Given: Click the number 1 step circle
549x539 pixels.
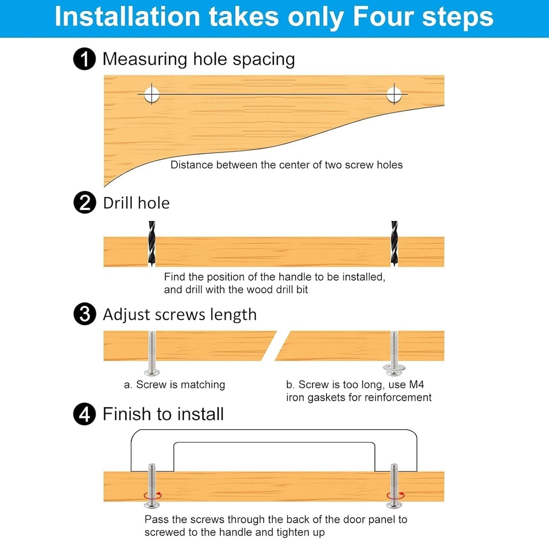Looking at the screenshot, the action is (84, 59).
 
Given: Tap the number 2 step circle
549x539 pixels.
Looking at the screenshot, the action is (85, 203).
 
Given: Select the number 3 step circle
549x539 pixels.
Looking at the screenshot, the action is (85, 314).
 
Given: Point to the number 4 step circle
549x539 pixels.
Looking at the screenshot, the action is (84, 414).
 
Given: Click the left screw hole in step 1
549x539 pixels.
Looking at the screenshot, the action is (152, 94).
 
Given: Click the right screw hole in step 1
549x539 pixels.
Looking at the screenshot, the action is (394, 94).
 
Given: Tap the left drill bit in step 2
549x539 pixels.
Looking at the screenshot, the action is (152, 243).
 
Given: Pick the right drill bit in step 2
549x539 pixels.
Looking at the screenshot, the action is (394, 243).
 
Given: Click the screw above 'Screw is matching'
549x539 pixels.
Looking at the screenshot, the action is (152, 353).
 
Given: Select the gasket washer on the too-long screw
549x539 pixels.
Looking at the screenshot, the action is (394, 368).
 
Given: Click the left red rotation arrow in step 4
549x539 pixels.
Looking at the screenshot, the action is (153, 495).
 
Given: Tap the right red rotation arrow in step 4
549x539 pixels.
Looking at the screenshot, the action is (396, 495).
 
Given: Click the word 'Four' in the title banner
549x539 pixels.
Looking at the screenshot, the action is (384, 17).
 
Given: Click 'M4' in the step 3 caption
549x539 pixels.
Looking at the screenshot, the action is (416, 385).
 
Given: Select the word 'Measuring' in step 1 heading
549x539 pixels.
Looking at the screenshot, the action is (145, 59).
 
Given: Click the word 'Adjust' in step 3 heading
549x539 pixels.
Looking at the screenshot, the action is (127, 315).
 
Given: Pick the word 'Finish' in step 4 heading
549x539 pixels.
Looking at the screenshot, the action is (128, 414).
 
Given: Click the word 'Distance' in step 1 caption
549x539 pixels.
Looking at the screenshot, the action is (191, 165).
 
